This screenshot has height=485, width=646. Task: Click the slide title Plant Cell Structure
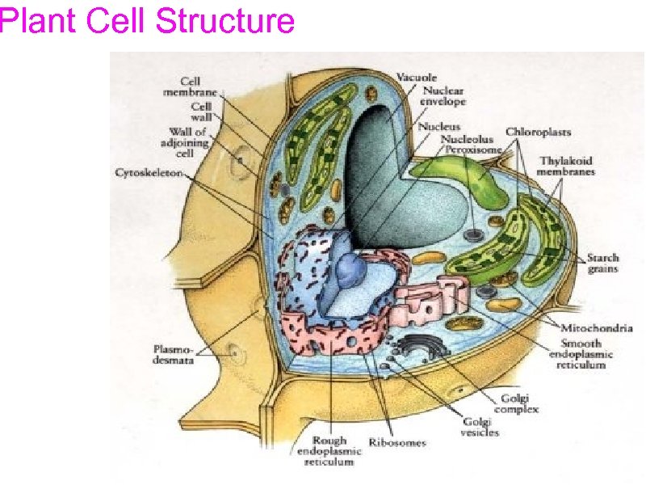point(147,19)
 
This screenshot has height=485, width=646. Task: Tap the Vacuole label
point(416,78)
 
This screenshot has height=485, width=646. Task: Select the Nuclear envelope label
point(443,96)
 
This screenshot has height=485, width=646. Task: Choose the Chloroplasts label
point(539,131)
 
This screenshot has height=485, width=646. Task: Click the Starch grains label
point(602,263)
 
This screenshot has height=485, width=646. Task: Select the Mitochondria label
point(594,327)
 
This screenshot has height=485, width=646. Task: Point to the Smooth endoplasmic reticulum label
point(581,353)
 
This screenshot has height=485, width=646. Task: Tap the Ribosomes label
point(397,442)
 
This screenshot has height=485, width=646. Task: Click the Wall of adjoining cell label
point(188,142)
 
